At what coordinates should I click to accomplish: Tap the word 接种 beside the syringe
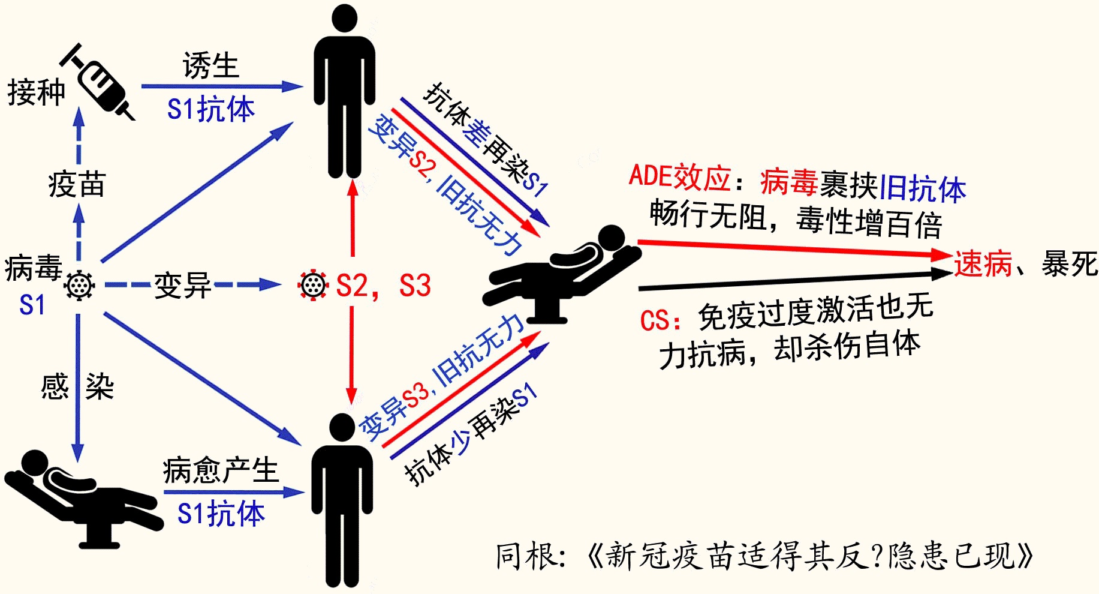pyautogui.click(x=36, y=93)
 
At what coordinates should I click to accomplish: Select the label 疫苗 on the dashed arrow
pyautogui.click(x=77, y=184)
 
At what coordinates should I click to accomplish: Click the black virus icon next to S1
pyautogui.click(x=79, y=285)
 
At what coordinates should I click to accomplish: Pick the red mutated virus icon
pyautogui.click(x=313, y=285)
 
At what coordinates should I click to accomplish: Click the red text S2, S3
pyautogui.click(x=383, y=286)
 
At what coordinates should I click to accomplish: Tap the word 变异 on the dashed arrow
pyautogui.click(x=182, y=285)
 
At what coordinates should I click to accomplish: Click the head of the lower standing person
pyautogui.click(x=343, y=427)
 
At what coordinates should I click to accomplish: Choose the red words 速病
pyautogui.click(x=983, y=264)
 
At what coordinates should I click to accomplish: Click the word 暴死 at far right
pyautogui.click(x=1069, y=264)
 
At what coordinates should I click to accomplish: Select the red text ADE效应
pyautogui.click(x=679, y=177)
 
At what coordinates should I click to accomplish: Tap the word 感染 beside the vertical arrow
pyautogui.click(x=77, y=386)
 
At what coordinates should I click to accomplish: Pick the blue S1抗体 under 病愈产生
pyautogui.click(x=221, y=514)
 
